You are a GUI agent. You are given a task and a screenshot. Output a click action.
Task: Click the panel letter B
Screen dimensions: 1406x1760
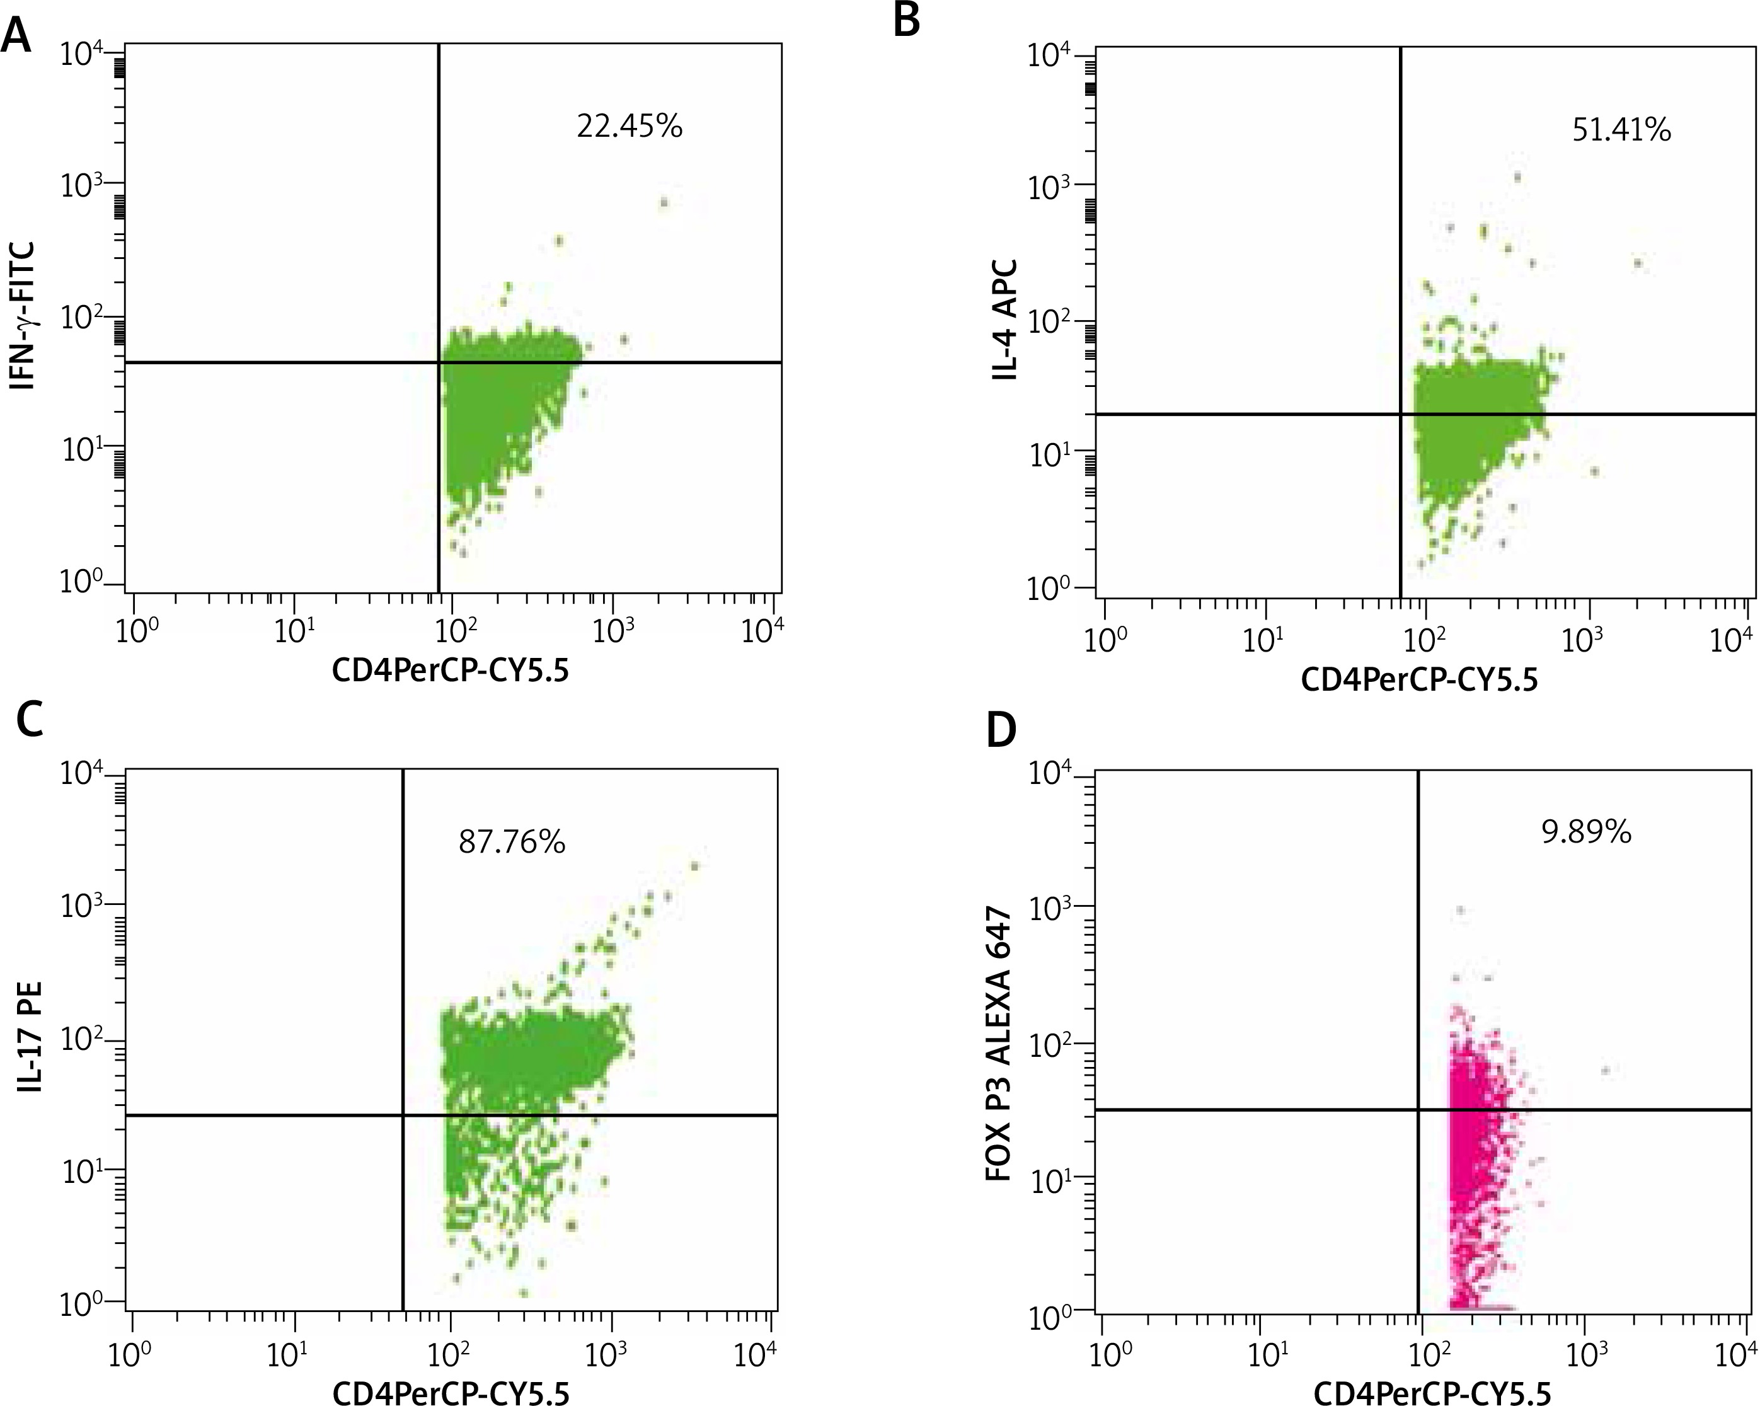[906, 20]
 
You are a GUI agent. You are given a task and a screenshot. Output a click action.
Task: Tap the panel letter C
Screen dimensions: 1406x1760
[30, 720]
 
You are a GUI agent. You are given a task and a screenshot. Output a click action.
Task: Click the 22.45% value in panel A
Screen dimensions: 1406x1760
[630, 127]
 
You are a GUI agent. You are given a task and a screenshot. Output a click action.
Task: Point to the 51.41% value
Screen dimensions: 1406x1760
[1621, 130]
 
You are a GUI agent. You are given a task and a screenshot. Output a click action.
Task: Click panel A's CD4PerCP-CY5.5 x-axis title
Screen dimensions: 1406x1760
[450, 671]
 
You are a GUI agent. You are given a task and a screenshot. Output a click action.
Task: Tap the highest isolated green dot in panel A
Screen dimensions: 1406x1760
[664, 202]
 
